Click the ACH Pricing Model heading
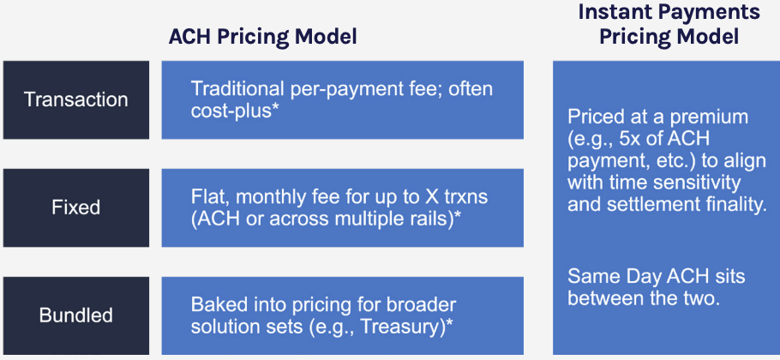262,38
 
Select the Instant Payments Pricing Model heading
669,25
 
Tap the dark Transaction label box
76,100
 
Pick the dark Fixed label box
76,207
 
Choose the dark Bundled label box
76,315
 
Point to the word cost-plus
228,111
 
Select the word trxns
456,198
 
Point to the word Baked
215,305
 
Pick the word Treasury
399,327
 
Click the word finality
733,204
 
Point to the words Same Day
610,277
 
